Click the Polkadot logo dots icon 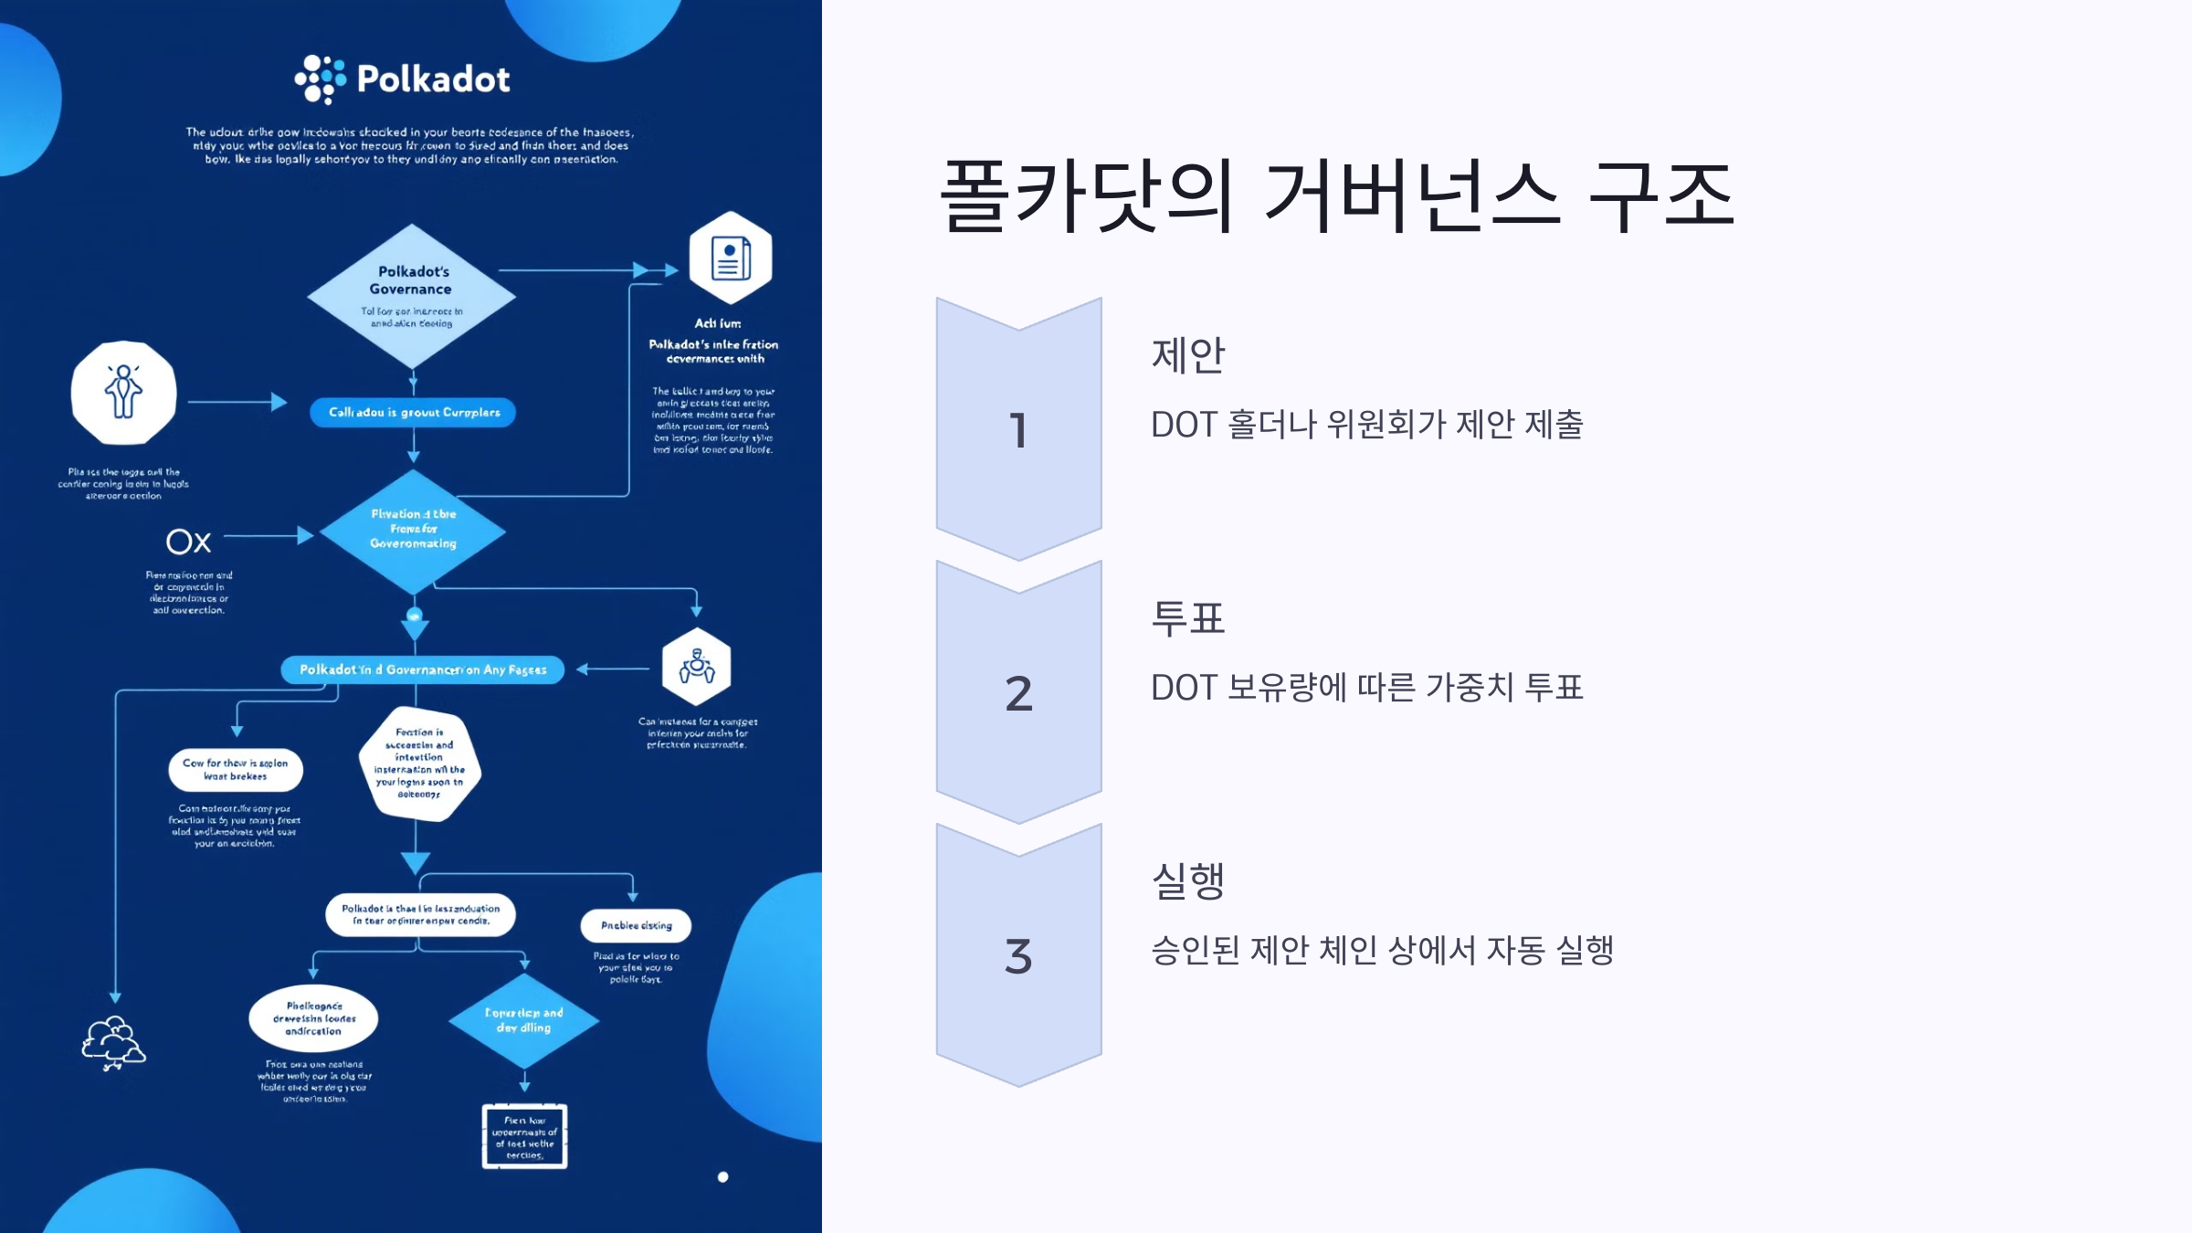click(x=320, y=79)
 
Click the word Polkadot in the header click(x=433, y=79)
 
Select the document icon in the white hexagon click(x=731, y=258)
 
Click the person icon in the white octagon click(x=123, y=393)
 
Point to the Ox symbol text click(x=189, y=542)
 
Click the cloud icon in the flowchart click(x=113, y=1042)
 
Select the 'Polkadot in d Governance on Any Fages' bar click(x=423, y=669)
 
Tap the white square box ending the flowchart click(x=524, y=1136)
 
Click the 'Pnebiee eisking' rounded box click(x=636, y=925)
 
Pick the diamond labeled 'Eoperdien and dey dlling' click(x=523, y=1020)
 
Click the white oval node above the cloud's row click(x=313, y=1018)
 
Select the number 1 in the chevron click(x=1018, y=430)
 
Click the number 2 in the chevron click(x=1018, y=693)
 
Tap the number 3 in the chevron click(x=1018, y=956)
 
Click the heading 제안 click(x=1187, y=354)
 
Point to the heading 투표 click(x=1187, y=618)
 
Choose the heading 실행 click(x=1187, y=880)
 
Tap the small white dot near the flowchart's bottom click(x=722, y=1177)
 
